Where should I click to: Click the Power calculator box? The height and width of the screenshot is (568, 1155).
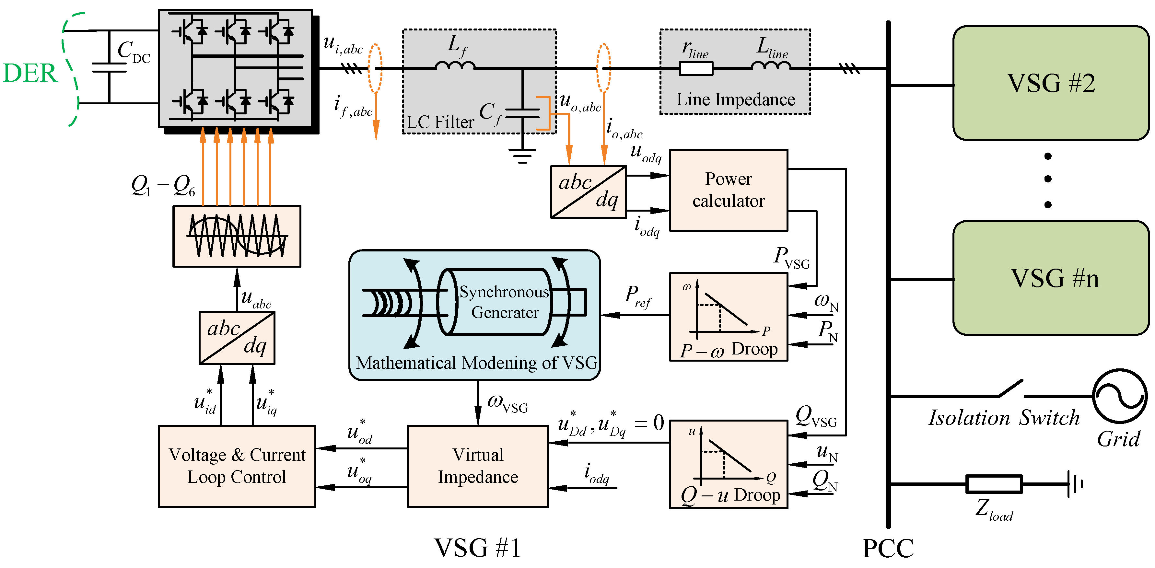tap(728, 190)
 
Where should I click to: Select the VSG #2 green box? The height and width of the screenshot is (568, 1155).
tap(1051, 83)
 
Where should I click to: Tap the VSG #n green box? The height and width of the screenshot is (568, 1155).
tap(1051, 278)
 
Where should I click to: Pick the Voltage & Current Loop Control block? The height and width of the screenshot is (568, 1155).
tap(237, 466)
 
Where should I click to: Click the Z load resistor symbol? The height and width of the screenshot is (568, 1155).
tap(994, 484)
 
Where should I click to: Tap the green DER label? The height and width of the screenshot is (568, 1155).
tap(30, 73)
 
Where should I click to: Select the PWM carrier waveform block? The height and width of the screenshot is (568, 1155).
tap(237, 236)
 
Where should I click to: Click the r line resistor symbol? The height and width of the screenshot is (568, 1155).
tap(696, 69)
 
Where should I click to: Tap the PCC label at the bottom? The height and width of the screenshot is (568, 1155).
tap(888, 548)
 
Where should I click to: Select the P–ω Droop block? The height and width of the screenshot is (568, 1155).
tap(728, 317)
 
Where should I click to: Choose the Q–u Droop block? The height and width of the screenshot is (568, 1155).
tap(728, 464)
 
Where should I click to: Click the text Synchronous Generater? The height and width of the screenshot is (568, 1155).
tap(504, 302)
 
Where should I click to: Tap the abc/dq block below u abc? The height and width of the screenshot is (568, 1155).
tap(237, 338)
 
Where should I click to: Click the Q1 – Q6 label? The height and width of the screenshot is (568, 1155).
tap(163, 185)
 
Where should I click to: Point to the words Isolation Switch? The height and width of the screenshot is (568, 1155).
tap(1003, 418)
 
